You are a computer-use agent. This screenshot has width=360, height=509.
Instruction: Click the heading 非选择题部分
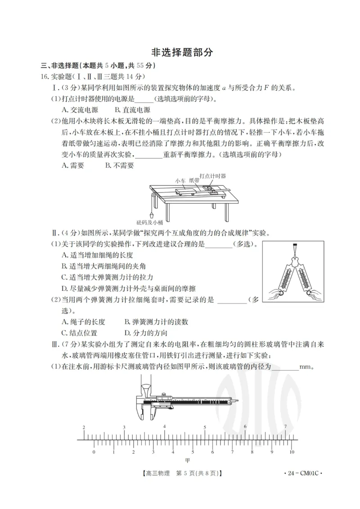coord(180,52)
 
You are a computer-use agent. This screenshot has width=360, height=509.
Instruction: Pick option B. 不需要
coord(119,165)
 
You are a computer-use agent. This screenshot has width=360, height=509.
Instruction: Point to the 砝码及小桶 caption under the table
coord(149,222)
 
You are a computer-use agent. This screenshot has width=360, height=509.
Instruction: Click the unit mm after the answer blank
coord(306,366)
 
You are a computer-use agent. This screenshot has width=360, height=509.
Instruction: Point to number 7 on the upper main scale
coord(285,426)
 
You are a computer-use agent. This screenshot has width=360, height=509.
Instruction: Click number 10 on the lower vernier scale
coord(292,452)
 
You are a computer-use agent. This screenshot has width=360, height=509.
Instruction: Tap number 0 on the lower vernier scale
coord(94,452)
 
